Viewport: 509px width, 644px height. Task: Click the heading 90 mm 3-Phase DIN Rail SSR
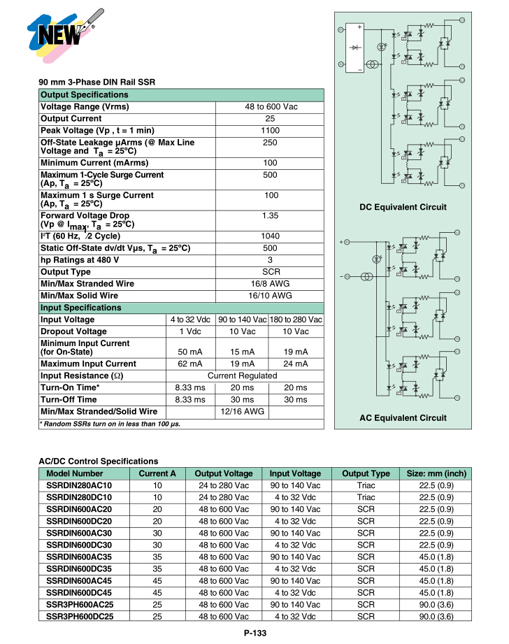[x=96, y=83]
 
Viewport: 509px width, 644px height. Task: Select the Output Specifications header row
[x=181, y=95]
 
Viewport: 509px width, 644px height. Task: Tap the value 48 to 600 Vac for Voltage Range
[x=270, y=107]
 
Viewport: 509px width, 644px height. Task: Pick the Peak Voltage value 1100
[x=270, y=131]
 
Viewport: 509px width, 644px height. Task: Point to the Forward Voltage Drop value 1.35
[x=270, y=216]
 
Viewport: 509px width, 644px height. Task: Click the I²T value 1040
[x=270, y=236]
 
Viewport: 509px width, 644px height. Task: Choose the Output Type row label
[x=66, y=272]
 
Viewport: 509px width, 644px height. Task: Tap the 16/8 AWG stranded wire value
[x=270, y=284]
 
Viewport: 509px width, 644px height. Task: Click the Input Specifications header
[x=81, y=308]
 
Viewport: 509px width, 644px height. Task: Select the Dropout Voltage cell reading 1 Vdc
[x=190, y=331]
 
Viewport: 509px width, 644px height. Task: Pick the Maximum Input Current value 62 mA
[x=190, y=364]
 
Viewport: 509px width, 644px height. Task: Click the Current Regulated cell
[x=243, y=375]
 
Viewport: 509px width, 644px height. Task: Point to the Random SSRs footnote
[x=110, y=424]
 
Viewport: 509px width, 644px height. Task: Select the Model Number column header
[x=75, y=473]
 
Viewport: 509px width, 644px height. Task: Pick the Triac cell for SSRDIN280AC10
[x=366, y=485]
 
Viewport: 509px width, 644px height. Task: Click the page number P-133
[x=255, y=633]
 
